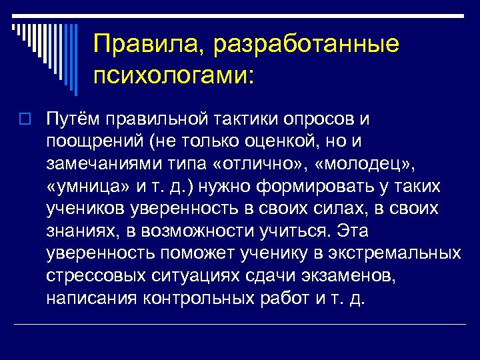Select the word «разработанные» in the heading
pos(299,45)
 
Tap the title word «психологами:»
pos(174,76)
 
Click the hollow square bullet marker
pos(27,120)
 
